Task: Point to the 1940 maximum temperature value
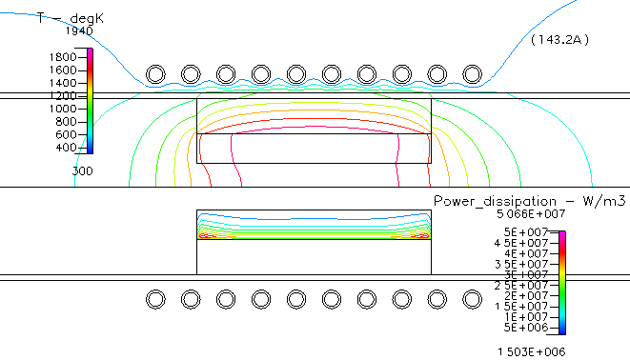click(80, 30)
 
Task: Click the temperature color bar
click(90, 99)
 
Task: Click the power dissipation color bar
click(562, 282)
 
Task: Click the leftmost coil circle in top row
click(154, 74)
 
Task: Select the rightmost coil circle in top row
click(472, 74)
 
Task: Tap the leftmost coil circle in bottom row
click(154, 300)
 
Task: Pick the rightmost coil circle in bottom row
click(472, 300)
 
